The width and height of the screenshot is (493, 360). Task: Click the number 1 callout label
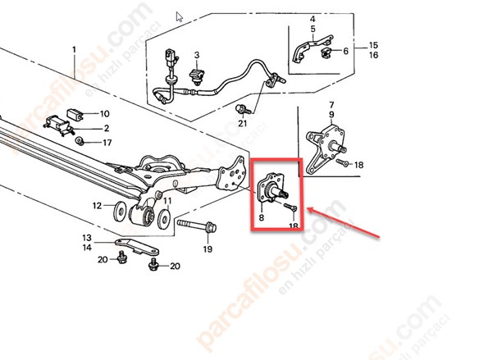(x=74, y=50)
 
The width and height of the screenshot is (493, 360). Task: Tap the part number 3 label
(x=197, y=55)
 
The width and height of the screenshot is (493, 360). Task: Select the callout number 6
(x=345, y=51)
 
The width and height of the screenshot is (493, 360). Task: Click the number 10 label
(x=105, y=114)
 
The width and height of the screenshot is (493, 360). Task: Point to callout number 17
(x=107, y=143)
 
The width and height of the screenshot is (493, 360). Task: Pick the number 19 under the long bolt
(x=208, y=249)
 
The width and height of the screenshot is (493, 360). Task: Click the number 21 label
(x=243, y=124)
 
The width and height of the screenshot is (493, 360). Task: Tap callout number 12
(x=97, y=206)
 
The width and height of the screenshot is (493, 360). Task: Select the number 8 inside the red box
(x=262, y=217)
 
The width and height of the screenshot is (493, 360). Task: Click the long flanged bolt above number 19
(x=197, y=226)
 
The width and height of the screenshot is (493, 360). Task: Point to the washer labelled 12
(x=120, y=211)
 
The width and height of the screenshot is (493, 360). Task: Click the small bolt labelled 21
(x=243, y=109)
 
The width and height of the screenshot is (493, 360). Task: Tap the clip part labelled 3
(x=197, y=76)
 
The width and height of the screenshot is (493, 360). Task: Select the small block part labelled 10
(x=75, y=114)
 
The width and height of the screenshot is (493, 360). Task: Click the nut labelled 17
(x=80, y=141)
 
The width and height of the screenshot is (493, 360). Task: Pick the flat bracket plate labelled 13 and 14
(x=137, y=246)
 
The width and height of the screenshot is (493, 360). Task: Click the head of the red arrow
(x=309, y=210)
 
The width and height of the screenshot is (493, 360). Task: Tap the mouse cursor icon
(x=179, y=16)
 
